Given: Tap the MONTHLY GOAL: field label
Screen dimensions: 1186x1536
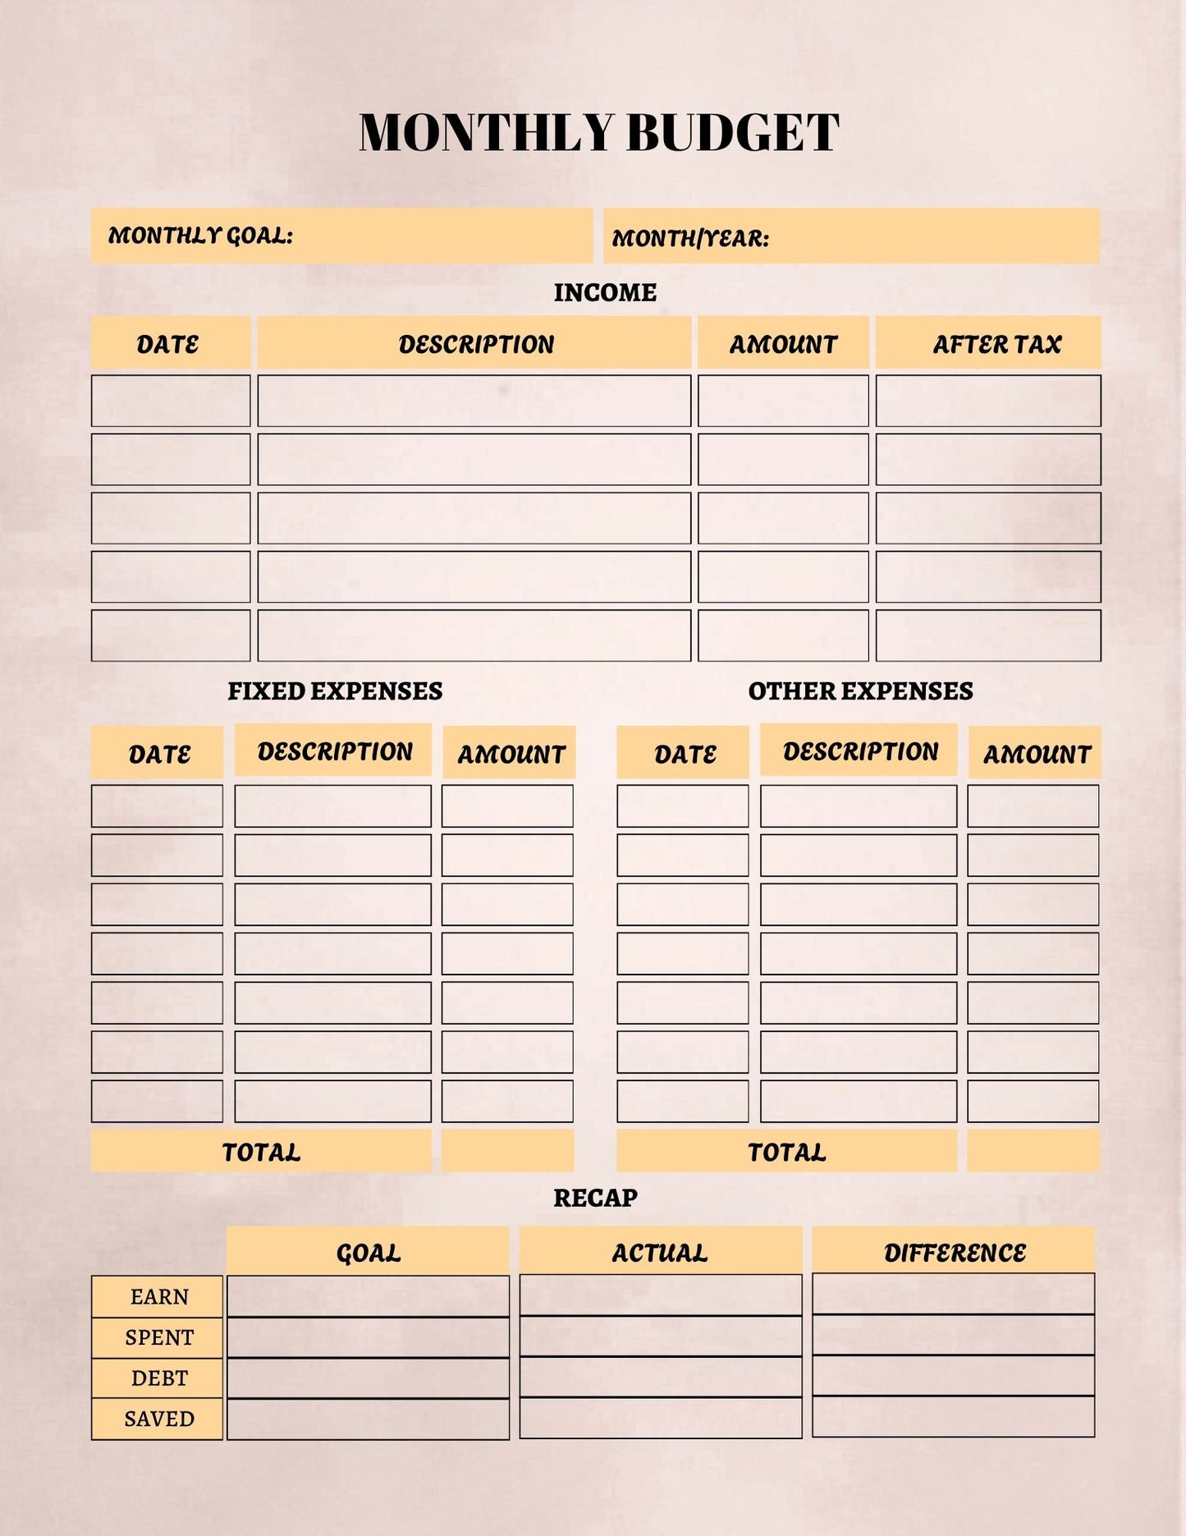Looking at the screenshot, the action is click(x=200, y=236).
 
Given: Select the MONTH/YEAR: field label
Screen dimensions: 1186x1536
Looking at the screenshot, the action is click(x=690, y=238).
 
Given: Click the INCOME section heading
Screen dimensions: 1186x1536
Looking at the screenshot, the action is click(x=605, y=292).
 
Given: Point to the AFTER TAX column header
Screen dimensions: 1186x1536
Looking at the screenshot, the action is click(x=996, y=344).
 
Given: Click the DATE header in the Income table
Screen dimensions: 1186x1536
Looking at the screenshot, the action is click(x=167, y=344).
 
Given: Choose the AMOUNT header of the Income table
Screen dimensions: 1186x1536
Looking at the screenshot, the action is click(x=783, y=344).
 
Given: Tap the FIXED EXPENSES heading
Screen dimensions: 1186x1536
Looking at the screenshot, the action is click(x=335, y=691).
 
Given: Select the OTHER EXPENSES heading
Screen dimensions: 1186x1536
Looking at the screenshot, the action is click(x=860, y=691).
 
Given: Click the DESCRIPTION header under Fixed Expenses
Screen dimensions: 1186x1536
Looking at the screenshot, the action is click(x=335, y=751).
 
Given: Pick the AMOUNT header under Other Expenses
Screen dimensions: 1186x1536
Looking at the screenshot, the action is click(x=1037, y=754).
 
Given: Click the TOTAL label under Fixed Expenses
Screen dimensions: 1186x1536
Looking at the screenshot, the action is click(x=261, y=1152).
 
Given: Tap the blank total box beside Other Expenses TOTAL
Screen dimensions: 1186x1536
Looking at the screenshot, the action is click(x=1033, y=1150).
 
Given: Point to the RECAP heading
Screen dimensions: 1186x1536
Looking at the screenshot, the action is click(x=595, y=1198).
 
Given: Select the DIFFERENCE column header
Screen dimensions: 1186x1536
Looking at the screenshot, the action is click(x=955, y=1252).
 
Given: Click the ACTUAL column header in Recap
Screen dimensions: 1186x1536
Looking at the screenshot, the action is click(x=659, y=1252).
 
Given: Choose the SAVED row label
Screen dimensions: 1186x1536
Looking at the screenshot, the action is click(x=158, y=1419).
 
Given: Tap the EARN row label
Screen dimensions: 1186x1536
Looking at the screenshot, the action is click(x=158, y=1296).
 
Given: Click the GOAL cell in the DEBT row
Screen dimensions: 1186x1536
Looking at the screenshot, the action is click(x=368, y=1378).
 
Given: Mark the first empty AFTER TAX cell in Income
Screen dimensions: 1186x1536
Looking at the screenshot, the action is click(x=988, y=401).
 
